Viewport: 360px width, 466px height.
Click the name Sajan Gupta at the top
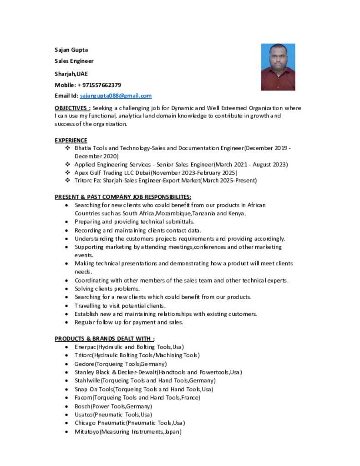click(71, 50)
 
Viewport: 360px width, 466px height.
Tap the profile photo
click(278, 67)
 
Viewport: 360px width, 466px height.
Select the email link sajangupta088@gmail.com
click(116, 96)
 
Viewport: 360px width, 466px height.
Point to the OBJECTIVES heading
click(72, 108)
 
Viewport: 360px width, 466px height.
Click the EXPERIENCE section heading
click(71, 140)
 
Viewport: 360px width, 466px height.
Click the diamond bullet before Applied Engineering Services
click(67, 164)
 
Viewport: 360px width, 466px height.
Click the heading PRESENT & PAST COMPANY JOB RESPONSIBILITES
click(123, 197)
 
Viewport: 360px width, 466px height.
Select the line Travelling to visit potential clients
click(120, 306)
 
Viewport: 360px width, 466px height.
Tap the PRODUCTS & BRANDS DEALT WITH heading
click(104, 339)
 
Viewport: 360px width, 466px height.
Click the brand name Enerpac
click(85, 347)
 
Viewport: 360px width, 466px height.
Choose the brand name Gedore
click(84, 364)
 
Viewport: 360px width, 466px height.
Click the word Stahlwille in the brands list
click(87, 381)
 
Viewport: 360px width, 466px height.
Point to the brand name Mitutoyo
click(87, 432)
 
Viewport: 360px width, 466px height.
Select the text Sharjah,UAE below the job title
click(71, 74)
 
